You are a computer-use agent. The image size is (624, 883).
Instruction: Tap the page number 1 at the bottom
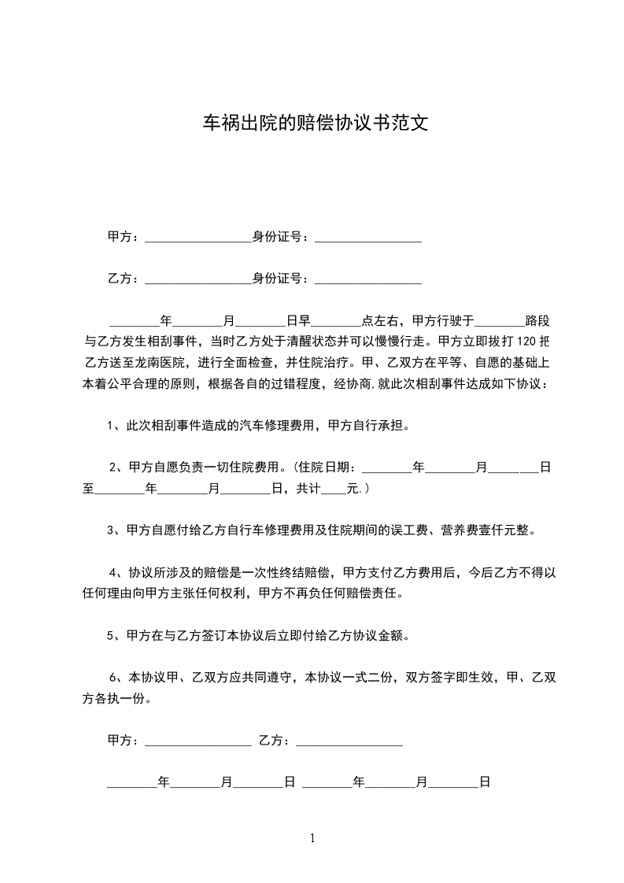pyautogui.click(x=312, y=838)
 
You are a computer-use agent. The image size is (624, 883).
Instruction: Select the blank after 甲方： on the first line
pyautogui.click(x=198, y=237)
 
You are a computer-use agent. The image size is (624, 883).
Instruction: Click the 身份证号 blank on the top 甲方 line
pyautogui.click(x=368, y=237)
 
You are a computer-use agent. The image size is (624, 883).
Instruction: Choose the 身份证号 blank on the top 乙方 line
pyautogui.click(x=368, y=279)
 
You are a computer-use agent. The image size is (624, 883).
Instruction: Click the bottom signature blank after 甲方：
pyautogui.click(x=198, y=741)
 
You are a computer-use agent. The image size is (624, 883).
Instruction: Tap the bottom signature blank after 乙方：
pyautogui.click(x=349, y=741)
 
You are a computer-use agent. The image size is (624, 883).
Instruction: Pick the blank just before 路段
pyautogui.click(x=500, y=321)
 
